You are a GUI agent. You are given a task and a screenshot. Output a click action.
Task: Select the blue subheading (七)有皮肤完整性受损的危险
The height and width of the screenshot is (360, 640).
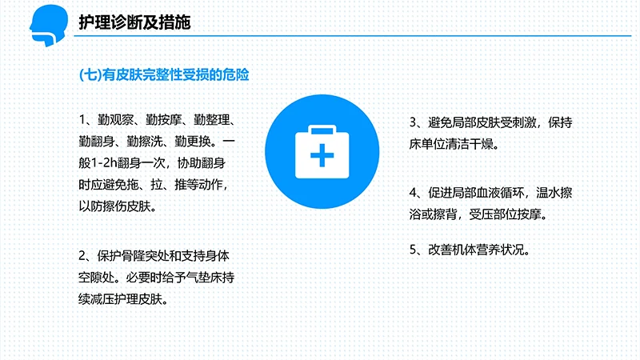click(165, 76)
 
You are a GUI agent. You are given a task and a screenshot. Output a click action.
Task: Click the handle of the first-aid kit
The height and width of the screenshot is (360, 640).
click(321, 128)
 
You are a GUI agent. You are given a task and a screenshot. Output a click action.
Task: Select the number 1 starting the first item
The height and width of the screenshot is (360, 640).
click(83, 121)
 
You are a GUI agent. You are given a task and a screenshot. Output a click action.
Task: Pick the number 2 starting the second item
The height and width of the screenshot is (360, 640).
click(83, 257)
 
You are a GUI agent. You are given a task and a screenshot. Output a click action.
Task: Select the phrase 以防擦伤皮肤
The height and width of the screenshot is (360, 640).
click(118, 206)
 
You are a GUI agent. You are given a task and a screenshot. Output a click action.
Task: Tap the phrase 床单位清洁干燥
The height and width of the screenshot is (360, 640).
click(452, 145)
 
